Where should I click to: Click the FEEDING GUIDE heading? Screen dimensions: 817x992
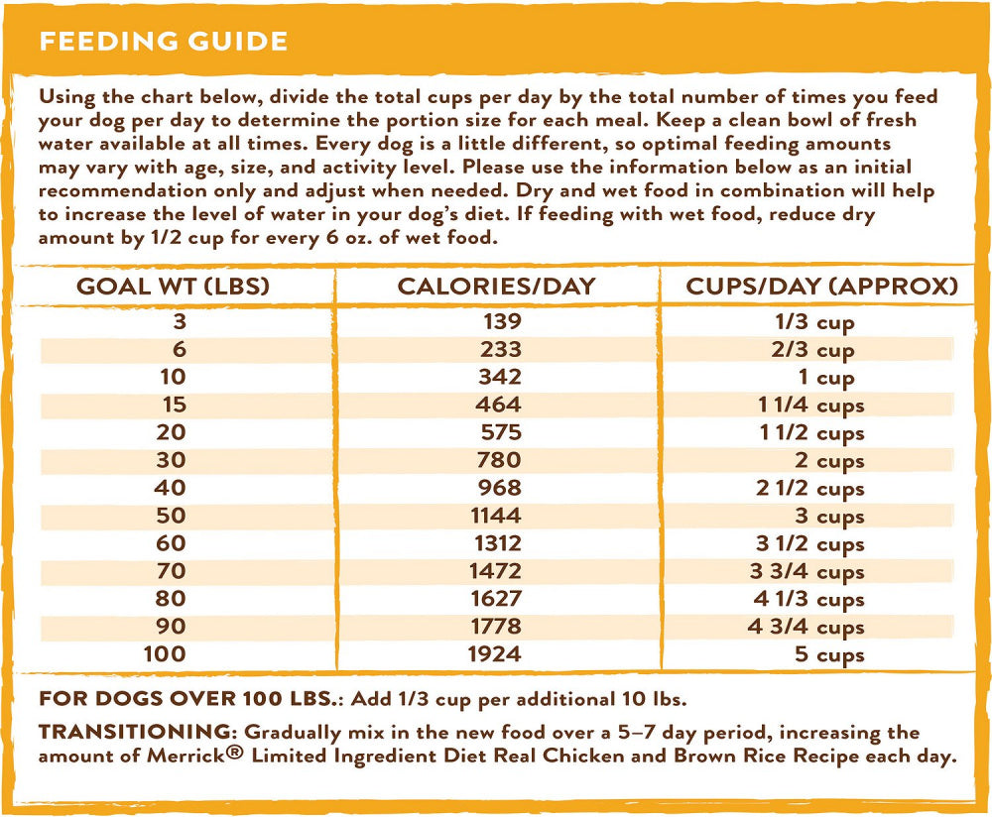[x=163, y=42]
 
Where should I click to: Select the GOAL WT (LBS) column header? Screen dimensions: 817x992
[x=174, y=287]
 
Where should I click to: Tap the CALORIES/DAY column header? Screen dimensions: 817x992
[x=496, y=287]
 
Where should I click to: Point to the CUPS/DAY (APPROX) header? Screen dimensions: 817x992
[x=822, y=287]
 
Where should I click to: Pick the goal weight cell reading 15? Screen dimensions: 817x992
[x=174, y=405]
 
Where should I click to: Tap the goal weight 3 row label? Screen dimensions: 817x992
[x=180, y=321]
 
